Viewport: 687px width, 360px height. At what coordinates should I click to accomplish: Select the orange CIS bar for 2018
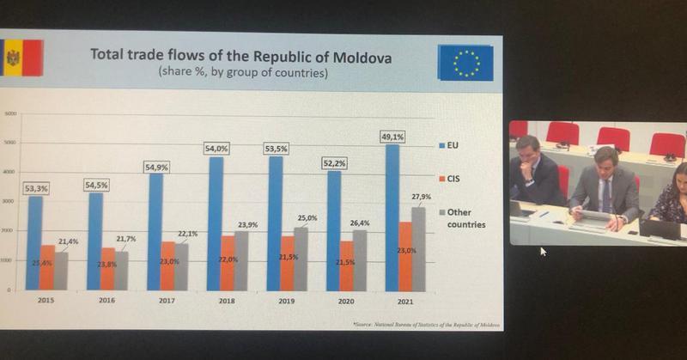pos(226,263)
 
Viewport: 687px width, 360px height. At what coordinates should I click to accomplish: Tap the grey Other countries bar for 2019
pos(300,259)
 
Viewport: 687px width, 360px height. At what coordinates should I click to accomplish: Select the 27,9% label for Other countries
pos(422,198)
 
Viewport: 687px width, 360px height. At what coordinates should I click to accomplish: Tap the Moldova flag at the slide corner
pos(12,58)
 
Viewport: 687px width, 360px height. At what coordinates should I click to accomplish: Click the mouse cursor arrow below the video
pos(543,252)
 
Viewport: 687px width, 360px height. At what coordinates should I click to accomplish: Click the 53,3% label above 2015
pos(34,186)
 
